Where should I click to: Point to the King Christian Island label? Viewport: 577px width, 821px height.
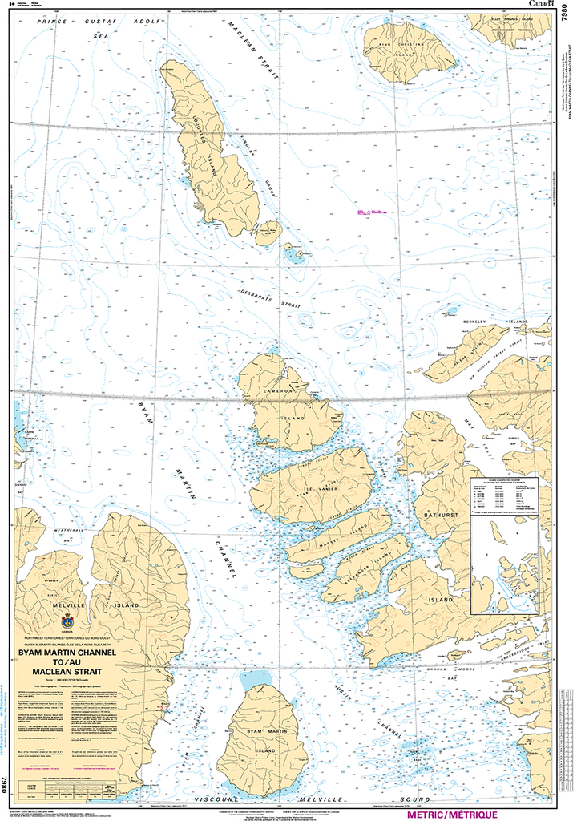401,47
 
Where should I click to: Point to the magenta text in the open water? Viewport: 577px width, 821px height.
368,211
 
